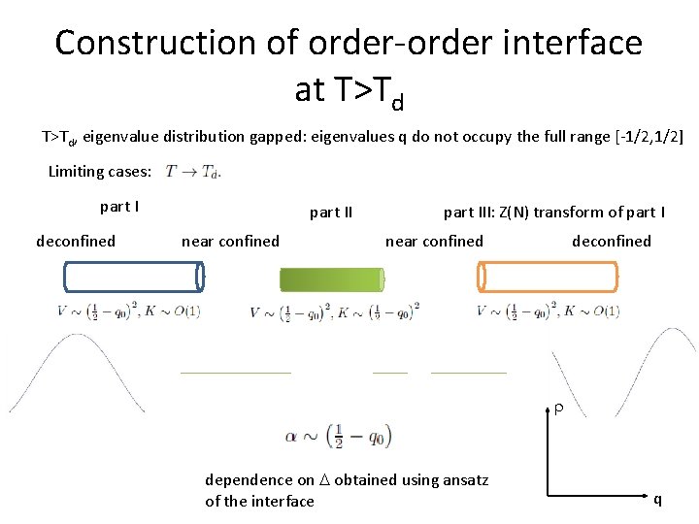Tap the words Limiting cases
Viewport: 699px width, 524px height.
100,172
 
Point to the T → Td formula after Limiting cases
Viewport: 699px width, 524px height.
193,173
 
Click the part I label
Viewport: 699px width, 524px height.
119,207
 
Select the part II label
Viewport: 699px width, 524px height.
330,213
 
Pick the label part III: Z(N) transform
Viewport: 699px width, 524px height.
553,213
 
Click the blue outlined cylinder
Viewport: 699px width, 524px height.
133,278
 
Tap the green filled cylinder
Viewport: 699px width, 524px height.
332,279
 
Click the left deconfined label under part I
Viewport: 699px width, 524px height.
76,242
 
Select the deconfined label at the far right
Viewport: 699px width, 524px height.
612,242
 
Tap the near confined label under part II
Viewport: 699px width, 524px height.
230,242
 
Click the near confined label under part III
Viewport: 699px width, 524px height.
434,242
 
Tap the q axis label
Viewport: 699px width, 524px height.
657,500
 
